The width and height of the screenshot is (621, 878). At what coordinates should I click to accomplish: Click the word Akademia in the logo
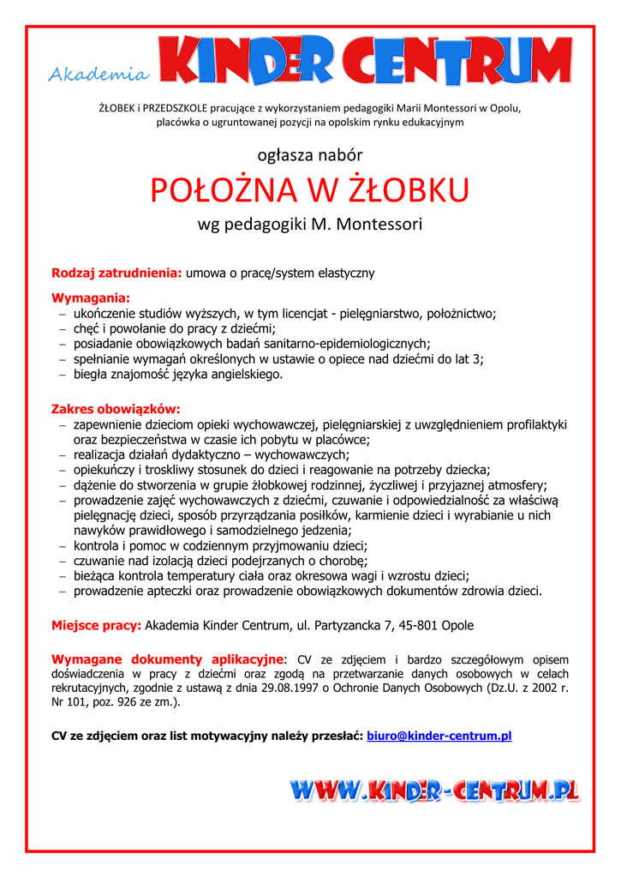(97, 75)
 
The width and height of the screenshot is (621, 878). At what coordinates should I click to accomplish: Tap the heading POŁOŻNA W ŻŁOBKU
(310, 190)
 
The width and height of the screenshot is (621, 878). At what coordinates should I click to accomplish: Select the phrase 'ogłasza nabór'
(310, 155)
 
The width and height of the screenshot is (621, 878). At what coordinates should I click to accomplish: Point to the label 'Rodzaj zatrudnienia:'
(116, 274)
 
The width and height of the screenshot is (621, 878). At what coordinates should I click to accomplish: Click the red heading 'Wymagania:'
(91, 298)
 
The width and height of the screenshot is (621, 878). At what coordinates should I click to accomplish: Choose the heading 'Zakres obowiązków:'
(116, 409)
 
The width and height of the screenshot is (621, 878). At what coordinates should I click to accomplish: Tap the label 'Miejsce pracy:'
(96, 625)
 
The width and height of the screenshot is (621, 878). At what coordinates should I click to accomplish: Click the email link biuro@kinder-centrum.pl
(439, 736)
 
